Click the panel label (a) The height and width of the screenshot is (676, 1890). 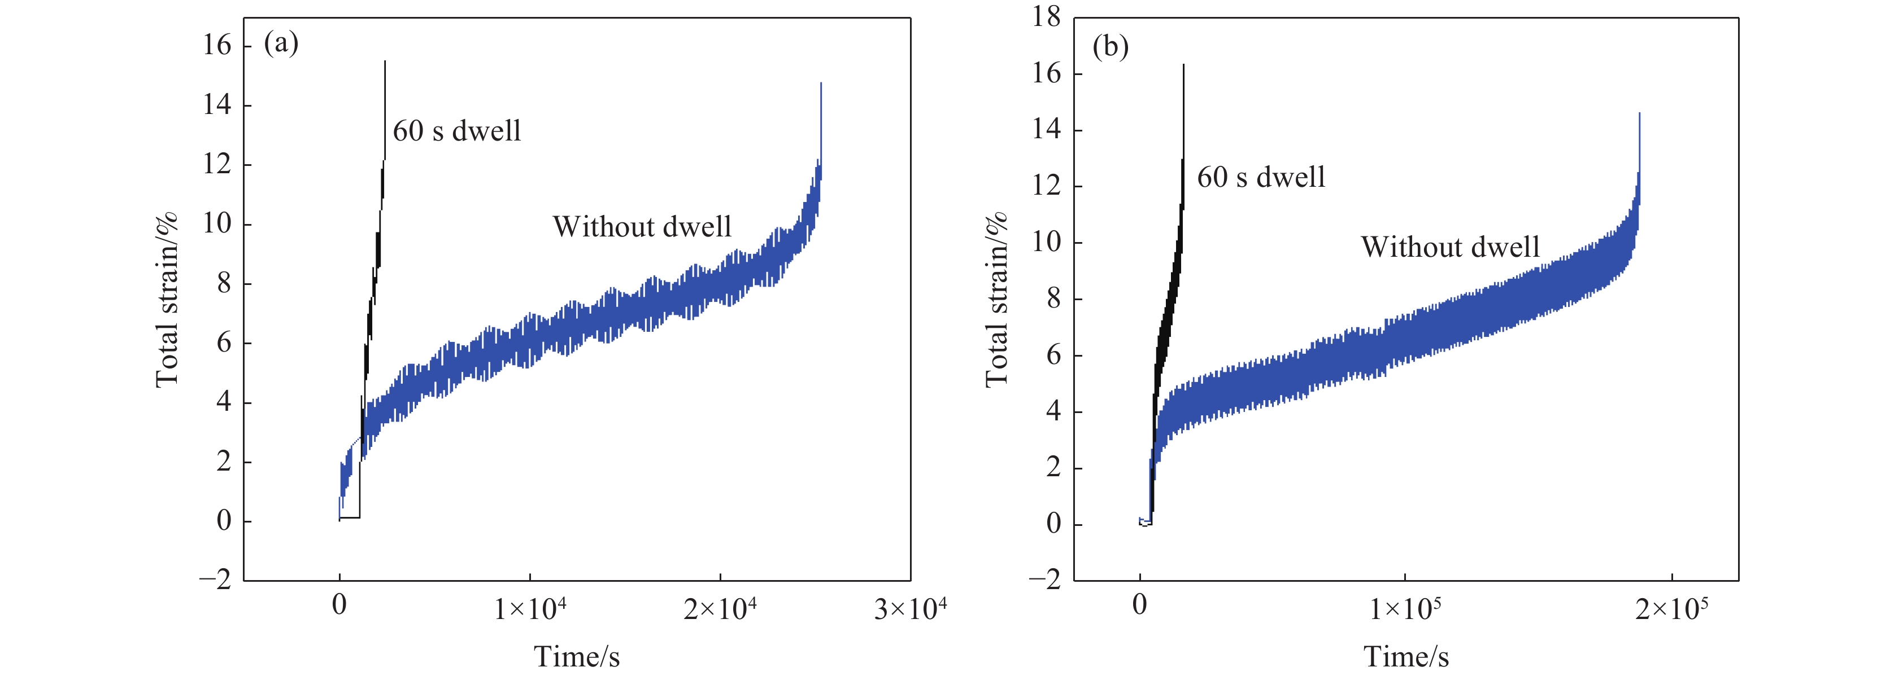pos(281,43)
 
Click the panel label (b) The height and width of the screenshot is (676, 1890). pos(1110,47)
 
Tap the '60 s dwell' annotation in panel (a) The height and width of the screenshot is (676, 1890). pos(456,131)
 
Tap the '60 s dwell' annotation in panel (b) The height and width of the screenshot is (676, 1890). pos(1261,177)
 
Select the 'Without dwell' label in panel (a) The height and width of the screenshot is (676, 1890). pos(642,226)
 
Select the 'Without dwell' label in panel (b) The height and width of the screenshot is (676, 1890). pos(1450,247)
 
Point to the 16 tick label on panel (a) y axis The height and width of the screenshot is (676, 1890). pos(217,46)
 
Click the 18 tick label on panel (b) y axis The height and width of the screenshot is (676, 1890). pos(1046,16)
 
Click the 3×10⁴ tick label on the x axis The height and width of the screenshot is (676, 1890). pos(910,608)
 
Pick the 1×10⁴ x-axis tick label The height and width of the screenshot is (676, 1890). pos(530,608)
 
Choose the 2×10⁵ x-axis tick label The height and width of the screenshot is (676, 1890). pos(1671,608)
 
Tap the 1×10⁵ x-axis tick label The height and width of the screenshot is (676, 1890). pos(1405,608)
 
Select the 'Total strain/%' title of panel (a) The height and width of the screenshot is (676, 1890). pos(167,299)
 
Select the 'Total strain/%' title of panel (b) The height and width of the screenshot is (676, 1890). pos(996,299)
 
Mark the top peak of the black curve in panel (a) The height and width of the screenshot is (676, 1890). pos(385,62)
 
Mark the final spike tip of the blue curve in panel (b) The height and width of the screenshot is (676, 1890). pos(1639,113)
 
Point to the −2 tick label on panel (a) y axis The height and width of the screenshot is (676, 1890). pos(215,580)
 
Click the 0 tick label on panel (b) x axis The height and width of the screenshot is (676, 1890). pos(1139,605)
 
